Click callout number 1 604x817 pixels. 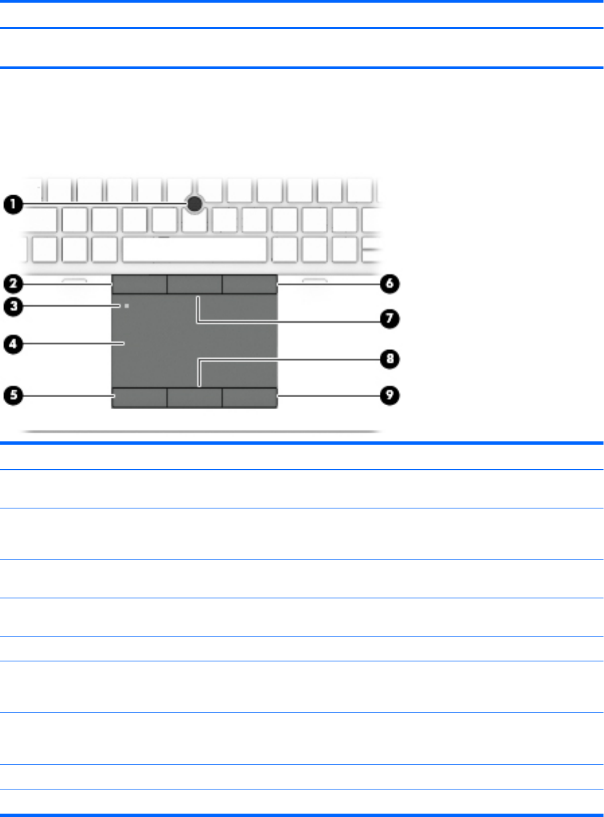tap(13, 205)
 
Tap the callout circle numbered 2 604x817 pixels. tap(13, 284)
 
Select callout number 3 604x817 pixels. tap(13, 307)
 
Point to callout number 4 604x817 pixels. tap(13, 344)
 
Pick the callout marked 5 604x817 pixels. tap(13, 395)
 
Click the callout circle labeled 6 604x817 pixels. tap(389, 284)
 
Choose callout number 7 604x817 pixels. tap(389, 319)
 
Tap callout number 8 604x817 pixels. tap(389, 359)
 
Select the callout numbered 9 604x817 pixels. tap(389, 395)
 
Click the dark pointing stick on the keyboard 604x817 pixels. tap(195, 204)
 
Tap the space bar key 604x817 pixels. tap(195, 250)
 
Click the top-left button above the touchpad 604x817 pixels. tap(140, 284)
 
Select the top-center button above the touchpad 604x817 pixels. tap(195, 284)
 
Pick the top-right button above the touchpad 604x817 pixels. tap(250, 284)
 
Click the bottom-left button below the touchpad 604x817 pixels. tap(140, 398)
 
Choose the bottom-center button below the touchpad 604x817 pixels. tap(195, 398)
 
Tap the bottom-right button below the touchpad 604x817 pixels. tap(250, 398)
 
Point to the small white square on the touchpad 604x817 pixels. tap(127, 306)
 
